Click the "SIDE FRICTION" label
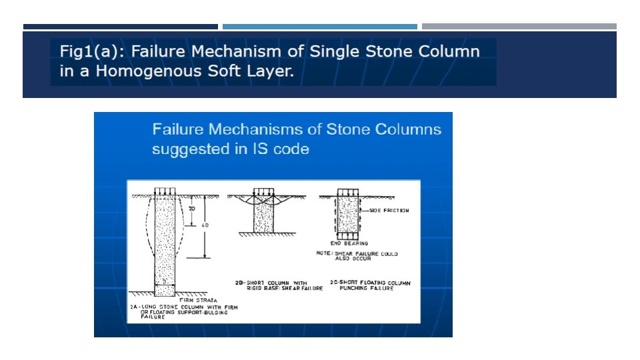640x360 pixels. pos(389,211)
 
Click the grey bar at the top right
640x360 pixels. pos(519,27)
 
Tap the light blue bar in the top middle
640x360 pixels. pos(319,27)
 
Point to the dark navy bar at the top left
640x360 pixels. pos(120,27)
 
